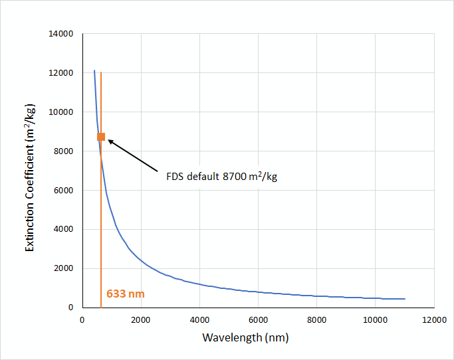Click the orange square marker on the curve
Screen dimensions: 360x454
click(101, 137)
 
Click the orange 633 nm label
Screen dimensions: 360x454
click(125, 293)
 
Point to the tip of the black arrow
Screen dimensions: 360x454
click(108, 140)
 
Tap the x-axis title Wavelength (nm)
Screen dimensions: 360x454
click(245, 337)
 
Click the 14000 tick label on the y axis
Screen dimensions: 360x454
click(62, 34)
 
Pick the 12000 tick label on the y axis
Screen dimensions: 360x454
click(62, 73)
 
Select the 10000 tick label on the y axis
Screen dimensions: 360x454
click(62, 112)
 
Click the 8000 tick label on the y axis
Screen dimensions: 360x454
click(64, 151)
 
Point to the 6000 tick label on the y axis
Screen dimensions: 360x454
click(64, 191)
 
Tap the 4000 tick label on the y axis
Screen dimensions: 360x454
click(64, 229)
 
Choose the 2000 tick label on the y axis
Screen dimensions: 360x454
click(64, 268)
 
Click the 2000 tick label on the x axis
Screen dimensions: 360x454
click(140, 319)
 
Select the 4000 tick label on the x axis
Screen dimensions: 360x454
click(199, 319)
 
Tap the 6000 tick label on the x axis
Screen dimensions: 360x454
click(258, 319)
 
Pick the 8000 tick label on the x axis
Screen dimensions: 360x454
click(316, 319)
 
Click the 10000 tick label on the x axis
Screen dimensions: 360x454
click(375, 319)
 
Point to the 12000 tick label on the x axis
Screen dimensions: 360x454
click(433, 319)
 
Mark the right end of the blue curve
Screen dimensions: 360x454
click(404, 299)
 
